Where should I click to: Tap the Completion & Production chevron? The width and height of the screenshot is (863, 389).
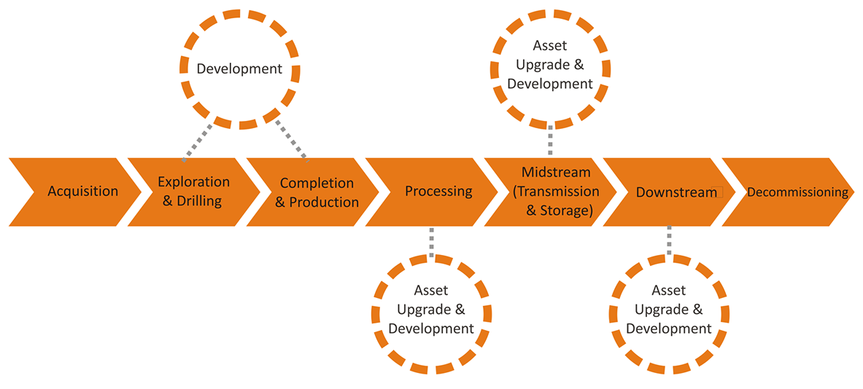(316, 192)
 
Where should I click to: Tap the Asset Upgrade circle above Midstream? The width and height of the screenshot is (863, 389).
(549, 65)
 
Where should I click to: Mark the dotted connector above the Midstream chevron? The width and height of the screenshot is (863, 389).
(549, 141)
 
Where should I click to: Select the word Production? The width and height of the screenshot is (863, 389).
(324, 203)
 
